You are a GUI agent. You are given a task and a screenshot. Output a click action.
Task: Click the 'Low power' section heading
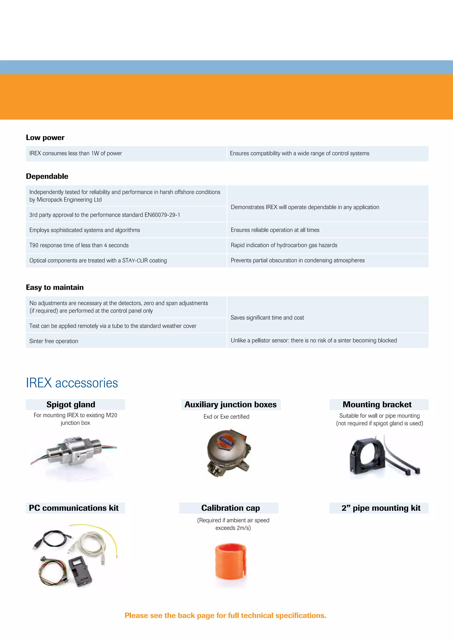pyautogui.click(x=45, y=137)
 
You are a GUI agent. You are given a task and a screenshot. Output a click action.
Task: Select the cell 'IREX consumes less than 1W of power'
pyautogui.click(x=76, y=153)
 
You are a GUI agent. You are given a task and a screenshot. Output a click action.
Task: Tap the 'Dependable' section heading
pyautogui.click(x=47, y=176)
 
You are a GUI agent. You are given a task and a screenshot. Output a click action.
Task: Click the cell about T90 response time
pyautogui.click(x=79, y=245)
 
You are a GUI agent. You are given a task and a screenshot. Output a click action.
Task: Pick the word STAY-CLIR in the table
pyautogui.click(x=135, y=260)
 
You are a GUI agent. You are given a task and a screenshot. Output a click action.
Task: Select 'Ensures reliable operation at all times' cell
pyautogui.click(x=275, y=230)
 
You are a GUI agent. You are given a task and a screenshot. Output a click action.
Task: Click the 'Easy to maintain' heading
pyautogui.click(x=55, y=287)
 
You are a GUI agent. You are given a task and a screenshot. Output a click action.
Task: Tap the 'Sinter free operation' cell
pyautogui.click(x=54, y=341)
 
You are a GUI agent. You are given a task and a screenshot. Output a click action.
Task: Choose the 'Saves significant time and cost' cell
pyautogui.click(x=267, y=318)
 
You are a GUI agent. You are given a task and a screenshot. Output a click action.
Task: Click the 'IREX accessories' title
pyautogui.click(x=72, y=383)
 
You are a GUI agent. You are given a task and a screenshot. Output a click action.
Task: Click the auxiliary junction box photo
pyautogui.click(x=228, y=452)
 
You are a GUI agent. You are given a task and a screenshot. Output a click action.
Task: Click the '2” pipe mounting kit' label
pyautogui.click(x=381, y=508)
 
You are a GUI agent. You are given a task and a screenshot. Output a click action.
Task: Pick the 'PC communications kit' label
pyautogui.click(x=74, y=508)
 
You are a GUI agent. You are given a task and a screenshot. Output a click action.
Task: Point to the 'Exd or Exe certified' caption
pyautogui.click(x=226, y=417)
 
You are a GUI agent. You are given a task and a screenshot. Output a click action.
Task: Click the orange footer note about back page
pyautogui.click(x=225, y=615)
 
